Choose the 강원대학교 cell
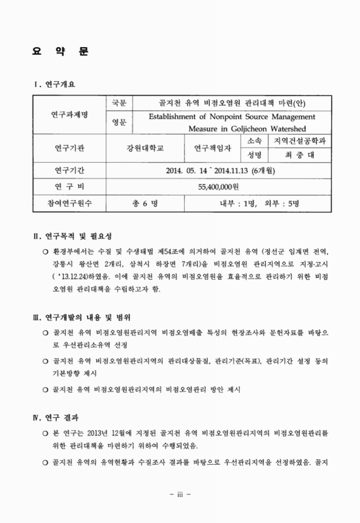(x=148, y=148)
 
